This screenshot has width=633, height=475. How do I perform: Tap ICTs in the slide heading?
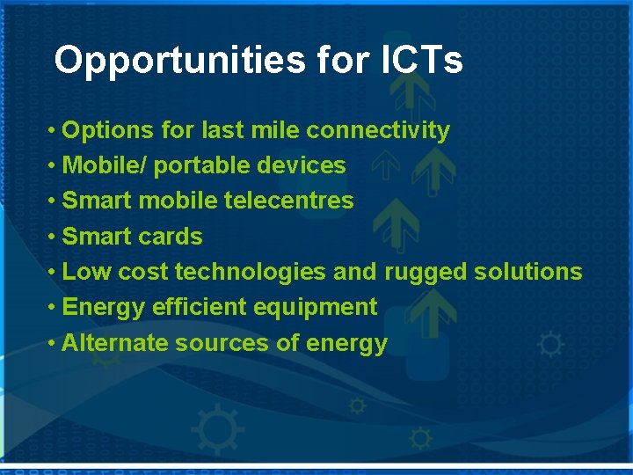422,61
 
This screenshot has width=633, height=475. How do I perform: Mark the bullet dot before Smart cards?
54,237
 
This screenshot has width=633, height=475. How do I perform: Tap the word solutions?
527,272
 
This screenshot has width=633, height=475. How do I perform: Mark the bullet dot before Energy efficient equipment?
54,307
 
